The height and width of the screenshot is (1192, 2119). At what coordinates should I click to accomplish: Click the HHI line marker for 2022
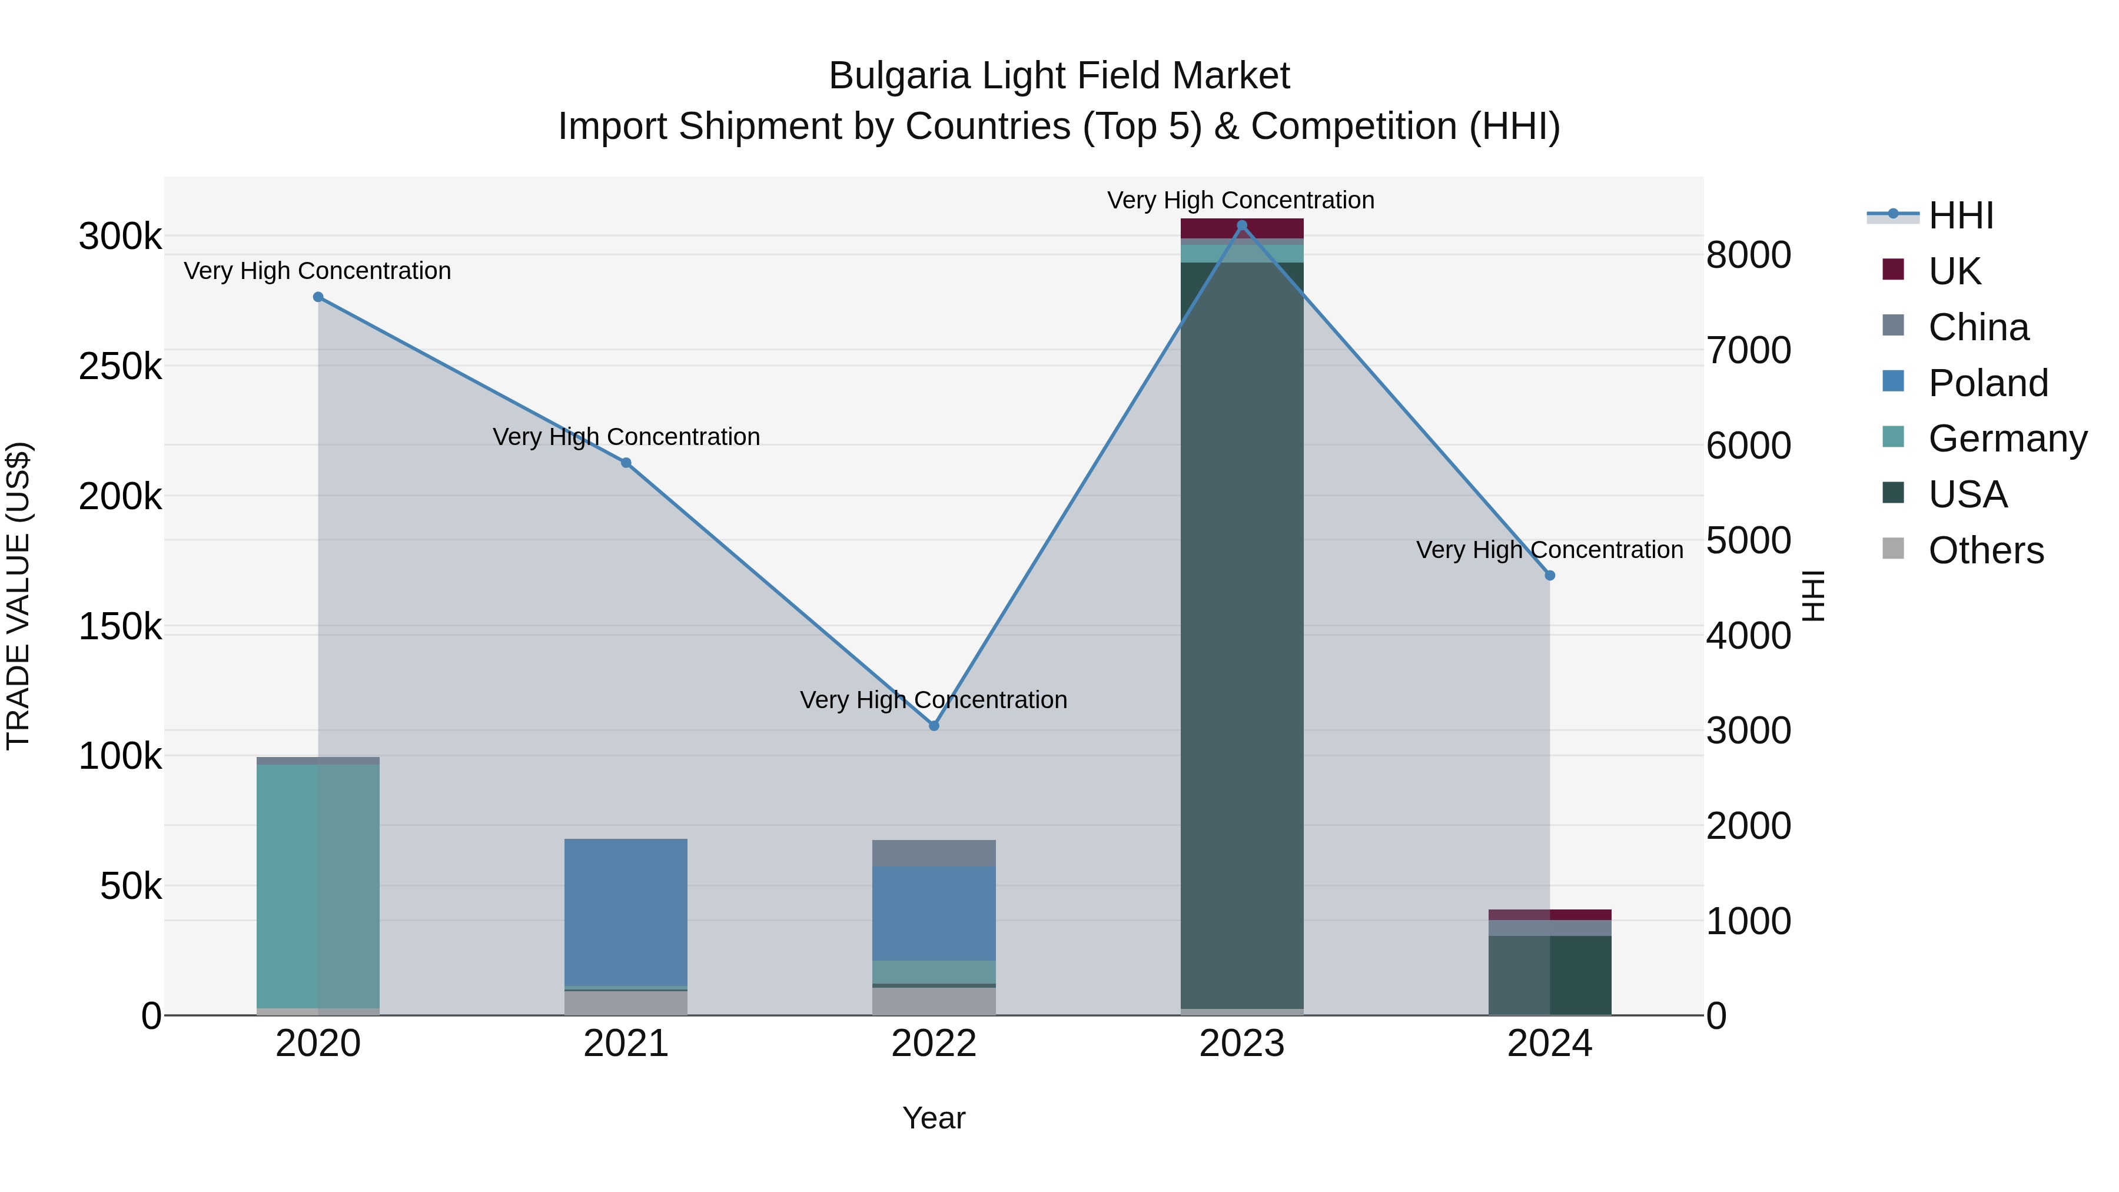coord(934,726)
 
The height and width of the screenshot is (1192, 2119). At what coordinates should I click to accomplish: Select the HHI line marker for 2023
coord(1242,225)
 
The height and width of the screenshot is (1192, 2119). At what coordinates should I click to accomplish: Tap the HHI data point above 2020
coord(318,297)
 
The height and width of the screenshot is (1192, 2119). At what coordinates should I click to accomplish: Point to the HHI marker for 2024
coord(1550,576)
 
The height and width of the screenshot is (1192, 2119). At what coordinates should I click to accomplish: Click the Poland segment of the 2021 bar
coord(626,911)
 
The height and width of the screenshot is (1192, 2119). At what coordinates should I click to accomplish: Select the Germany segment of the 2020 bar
coord(318,885)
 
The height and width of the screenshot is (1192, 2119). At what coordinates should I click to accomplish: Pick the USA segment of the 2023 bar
coord(1242,633)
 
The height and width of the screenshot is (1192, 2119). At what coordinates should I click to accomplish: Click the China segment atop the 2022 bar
coord(934,852)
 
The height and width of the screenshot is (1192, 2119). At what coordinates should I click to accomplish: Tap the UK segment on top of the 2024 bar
coord(1550,915)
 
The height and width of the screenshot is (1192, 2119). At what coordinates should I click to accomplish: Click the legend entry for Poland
coord(1987,383)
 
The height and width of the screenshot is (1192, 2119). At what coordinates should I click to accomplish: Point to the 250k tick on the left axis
coord(120,367)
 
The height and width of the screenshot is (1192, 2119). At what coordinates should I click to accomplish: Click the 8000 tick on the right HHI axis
coord(1748,255)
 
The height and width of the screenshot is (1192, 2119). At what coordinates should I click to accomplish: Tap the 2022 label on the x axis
coord(934,1044)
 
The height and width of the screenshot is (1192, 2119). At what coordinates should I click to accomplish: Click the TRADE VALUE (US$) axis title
coord(18,596)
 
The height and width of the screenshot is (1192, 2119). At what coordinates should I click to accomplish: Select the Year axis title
coord(934,1118)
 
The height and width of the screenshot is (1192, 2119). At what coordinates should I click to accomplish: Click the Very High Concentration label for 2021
coord(626,437)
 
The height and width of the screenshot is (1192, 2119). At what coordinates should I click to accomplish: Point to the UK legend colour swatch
coord(1893,270)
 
